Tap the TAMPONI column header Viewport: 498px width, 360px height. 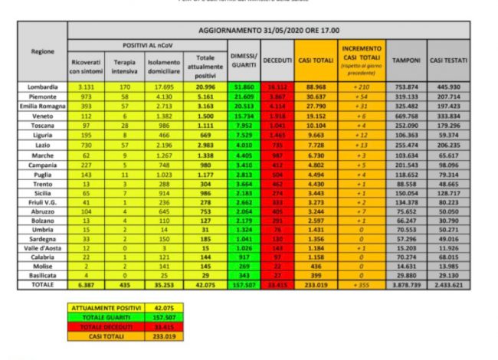pyautogui.click(x=405, y=59)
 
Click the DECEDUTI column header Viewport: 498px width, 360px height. pyautogui.click(x=277, y=59)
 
